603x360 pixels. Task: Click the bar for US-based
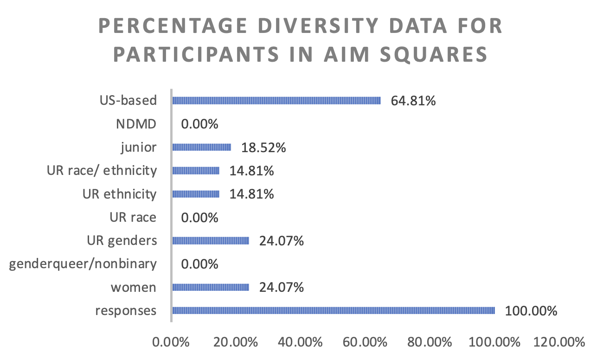[276, 101]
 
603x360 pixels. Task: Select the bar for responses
[334, 311]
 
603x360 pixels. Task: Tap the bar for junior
[201, 147]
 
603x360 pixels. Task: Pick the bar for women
[211, 288]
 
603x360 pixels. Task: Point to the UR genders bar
[211, 241]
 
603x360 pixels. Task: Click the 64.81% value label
[413, 101]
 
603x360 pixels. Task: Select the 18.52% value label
[263, 148]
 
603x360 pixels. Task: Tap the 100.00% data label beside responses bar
[531, 311]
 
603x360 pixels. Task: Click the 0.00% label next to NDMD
[199, 124]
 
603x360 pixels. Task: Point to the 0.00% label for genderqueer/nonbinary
[199, 264]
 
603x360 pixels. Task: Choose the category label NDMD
[136, 124]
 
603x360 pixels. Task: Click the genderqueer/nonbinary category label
[83, 264]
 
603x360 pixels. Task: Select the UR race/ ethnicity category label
[102, 171]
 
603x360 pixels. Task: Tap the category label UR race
[133, 217]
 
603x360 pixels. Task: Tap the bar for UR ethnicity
[196, 194]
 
